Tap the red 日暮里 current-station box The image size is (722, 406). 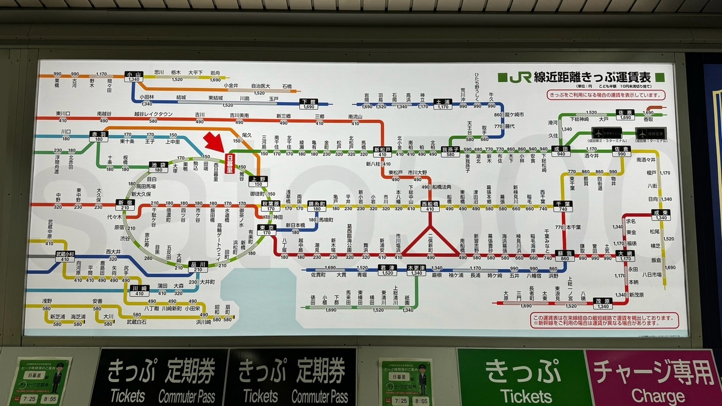pyautogui.click(x=229, y=163)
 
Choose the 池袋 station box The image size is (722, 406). pyautogui.click(x=158, y=167)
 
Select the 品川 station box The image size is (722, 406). pyautogui.click(x=197, y=266)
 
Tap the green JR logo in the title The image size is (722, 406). pyautogui.click(x=520, y=78)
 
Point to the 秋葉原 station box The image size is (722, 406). pyautogui.click(x=271, y=206)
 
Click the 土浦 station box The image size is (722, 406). pyautogui.click(x=442, y=105)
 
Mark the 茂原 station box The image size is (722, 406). pyautogui.click(x=602, y=303)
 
